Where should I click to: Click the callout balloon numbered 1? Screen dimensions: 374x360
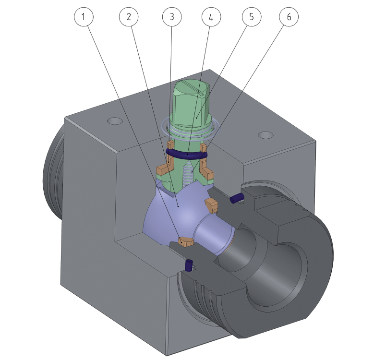84,17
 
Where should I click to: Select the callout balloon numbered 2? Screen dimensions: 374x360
129,17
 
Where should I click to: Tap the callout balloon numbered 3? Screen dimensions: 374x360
172,17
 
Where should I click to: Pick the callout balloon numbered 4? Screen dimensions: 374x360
211,17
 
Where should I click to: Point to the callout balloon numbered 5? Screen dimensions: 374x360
252,17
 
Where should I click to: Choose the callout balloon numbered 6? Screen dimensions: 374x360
289,17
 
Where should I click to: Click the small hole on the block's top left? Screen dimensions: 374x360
115,121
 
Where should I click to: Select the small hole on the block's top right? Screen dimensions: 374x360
265,135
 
